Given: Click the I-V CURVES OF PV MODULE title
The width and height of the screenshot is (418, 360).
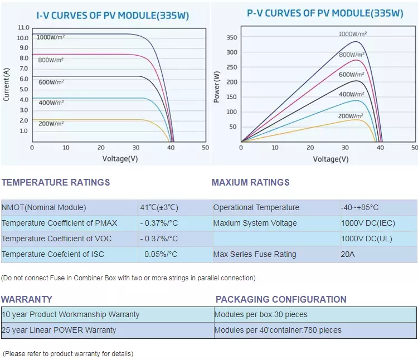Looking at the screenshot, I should pos(106,15).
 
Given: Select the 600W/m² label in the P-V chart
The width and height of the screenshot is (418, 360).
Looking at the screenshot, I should pos(352,75).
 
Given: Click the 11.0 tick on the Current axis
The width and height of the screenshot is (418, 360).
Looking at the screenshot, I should pos(23,27).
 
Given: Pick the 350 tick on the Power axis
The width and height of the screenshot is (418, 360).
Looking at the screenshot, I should pos(232,38).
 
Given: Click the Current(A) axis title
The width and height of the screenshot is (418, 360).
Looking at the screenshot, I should pos(6,84).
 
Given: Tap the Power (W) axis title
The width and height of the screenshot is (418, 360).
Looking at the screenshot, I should pos(217,87).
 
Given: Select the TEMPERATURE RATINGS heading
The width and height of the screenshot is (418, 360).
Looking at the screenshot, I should pos(56,182).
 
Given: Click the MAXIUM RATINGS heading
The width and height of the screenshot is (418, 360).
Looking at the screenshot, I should pos(251,182).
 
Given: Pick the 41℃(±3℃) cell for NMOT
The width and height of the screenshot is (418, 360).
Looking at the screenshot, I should pos(159,207).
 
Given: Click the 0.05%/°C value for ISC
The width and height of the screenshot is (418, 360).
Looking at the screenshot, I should pos(161,254).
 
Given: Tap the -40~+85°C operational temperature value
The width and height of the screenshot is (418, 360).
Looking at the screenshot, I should pos(360,207).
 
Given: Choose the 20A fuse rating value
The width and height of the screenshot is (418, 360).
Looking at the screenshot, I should pos(348,254).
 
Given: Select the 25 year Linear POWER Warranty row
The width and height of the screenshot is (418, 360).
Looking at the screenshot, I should pos(59,330).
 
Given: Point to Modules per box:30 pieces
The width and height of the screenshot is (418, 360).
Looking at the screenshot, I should pos(261,314).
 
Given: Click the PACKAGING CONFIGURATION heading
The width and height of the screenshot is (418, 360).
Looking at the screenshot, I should pos(281,299).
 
